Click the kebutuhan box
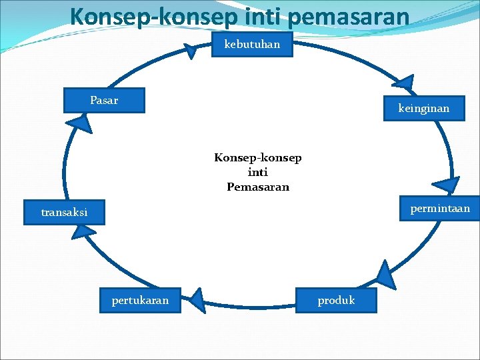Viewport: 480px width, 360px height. coord(252,45)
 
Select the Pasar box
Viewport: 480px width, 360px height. coord(103,101)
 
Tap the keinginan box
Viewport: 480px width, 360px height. coord(423,108)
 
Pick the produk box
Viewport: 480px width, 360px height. coord(336,300)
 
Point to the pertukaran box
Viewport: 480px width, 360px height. coord(140,300)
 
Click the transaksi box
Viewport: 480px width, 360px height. coord(64,213)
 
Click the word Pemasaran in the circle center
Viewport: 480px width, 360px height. coord(258,187)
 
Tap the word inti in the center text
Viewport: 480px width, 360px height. coord(257,173)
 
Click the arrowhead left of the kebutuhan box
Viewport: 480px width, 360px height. coord(191,51)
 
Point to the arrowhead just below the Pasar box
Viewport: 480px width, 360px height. coord(79,123)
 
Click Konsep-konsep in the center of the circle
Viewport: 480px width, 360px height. coord(257,158)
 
